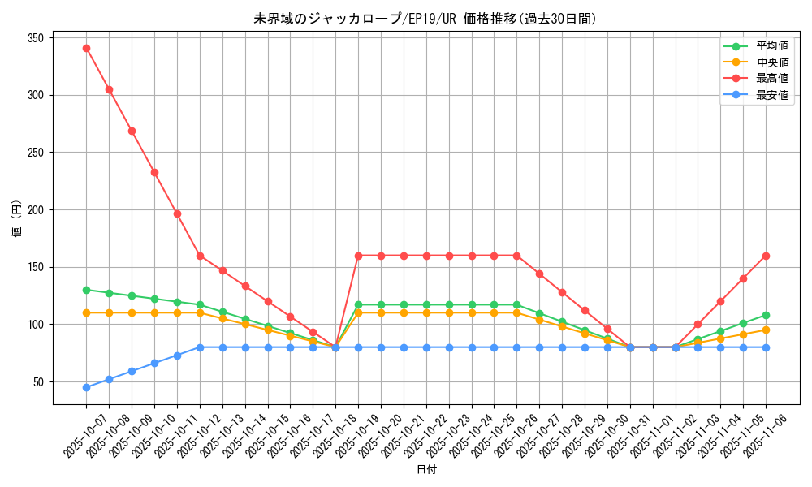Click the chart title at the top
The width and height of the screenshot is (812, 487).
(x=425, y=19)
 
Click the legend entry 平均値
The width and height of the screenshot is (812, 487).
(x=771, y=47)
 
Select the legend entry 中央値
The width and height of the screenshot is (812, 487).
(x=771, y=62)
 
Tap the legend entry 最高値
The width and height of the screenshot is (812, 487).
(x=771, y=79)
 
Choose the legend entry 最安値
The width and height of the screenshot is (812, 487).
(x=771, y=95)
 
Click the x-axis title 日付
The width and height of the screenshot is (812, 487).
(x=425, y=470)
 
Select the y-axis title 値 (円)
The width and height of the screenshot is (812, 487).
(x=17, y=218)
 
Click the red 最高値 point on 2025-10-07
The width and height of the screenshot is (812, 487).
(x=86, y=48)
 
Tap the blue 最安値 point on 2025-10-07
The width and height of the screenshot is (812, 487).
(x=86, y=387)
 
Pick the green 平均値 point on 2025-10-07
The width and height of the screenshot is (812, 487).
(x=86, y=290)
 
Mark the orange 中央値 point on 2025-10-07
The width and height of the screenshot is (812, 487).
(x=86, y=312)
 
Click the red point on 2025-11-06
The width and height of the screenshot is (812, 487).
(x=766, y=256)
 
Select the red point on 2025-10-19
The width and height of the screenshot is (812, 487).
(x=358, y=256)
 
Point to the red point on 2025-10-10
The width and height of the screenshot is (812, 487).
(x=154, y=172)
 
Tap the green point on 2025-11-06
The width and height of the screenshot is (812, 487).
(x=766, y=315)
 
